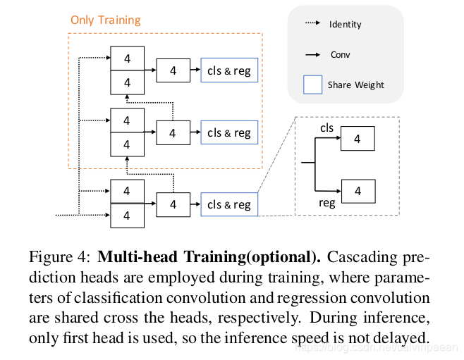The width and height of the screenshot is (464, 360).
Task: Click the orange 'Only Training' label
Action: tap(105, 20)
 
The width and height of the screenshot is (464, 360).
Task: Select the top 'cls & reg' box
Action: tap(228, 70)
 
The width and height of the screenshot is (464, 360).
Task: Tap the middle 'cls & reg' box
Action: tap(228, 132)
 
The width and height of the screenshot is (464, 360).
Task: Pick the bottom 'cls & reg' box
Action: tap(228, 204)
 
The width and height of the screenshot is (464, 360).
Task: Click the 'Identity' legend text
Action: tap(345, 24)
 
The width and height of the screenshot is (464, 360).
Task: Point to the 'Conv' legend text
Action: tap(341, 54)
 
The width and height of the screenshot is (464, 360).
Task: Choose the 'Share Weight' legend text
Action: tap(355, 85)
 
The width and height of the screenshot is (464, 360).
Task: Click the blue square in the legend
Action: tap(312, 85)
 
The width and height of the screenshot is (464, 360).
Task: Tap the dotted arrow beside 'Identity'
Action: tap(312, 24)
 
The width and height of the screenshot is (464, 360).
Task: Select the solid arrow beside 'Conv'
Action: tap(312, 54)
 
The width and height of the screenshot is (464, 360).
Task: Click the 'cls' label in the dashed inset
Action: tap(326, 128)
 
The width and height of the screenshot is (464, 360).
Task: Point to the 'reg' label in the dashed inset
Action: tap(326, 203)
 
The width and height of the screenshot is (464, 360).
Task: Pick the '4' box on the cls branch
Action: tap(357, 139)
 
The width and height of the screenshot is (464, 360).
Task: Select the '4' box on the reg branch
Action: tap(357, 190)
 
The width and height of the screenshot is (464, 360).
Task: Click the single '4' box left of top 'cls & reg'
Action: tap(173, 70)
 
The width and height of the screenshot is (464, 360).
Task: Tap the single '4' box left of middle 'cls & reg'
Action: tap(173, 132)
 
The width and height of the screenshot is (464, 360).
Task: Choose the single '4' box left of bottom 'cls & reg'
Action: tap(173, 204)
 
